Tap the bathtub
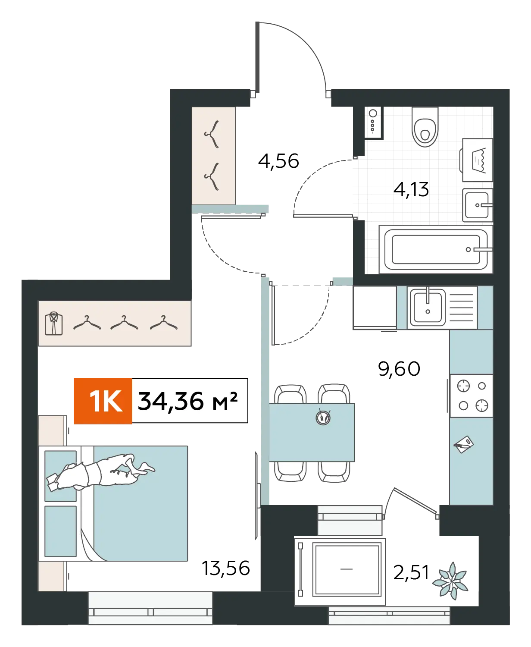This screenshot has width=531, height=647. click(x=436, y=249)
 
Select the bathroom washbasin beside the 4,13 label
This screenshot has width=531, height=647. click(x=478, y=205)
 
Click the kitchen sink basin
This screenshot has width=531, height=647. click(x=428, y=308)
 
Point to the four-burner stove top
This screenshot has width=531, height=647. click(x=472, y=396)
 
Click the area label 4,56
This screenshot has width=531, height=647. click(x=278, y=161)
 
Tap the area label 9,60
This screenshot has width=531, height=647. click(x=399, y=369)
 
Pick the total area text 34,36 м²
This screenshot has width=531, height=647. click(x=188, y=401)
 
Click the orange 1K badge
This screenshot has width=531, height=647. click(x=103, y=401)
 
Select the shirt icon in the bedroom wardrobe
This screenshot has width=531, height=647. click(x=53, y=323)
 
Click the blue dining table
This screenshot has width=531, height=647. click(x=312, y=432)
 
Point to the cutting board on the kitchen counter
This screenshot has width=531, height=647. click(x=464, y=444)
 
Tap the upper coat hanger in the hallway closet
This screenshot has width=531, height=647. click(x=212, y=134)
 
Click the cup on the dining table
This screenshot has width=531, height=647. click(x=323, y=417)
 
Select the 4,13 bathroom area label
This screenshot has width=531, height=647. click(x=411, y=190)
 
